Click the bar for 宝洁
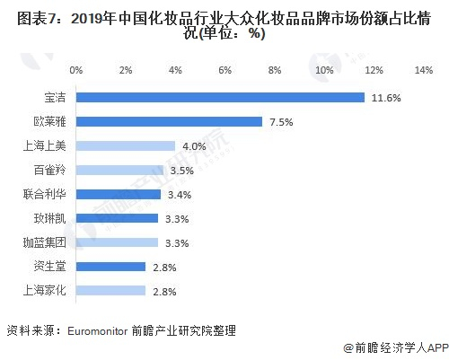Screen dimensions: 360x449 (220, 97)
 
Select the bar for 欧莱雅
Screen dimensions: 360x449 (169, 121)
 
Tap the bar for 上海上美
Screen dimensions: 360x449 (126, 145)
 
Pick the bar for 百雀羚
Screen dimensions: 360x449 (119, 170)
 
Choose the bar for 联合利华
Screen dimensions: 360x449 (118, 194)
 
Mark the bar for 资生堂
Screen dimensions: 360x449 (110, 267)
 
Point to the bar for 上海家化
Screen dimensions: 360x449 (110, 291)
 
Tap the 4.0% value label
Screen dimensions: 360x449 (194, 145)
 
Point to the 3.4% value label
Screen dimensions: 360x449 (177, 194)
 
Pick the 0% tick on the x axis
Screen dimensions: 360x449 (76, 69)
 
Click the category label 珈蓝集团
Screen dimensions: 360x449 (44, 242)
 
